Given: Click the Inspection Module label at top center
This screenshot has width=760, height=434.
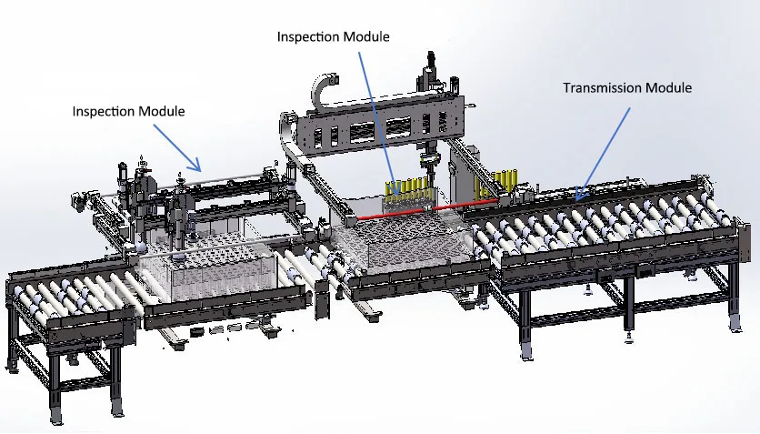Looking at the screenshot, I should click(x=333, y=37).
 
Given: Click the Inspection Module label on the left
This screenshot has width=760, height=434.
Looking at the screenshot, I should click(x=128, y=111).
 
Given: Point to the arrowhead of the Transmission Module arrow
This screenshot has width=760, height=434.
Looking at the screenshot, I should click(x=575, y=197).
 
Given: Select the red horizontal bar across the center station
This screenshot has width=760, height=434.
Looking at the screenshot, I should click(x=427, y=212).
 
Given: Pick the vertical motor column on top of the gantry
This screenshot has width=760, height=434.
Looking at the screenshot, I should click(x=430, y=69).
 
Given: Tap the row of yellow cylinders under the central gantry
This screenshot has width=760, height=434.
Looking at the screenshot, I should click(x=409, y=188).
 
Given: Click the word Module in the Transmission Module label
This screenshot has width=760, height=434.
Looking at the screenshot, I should click(x=669, y=88).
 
